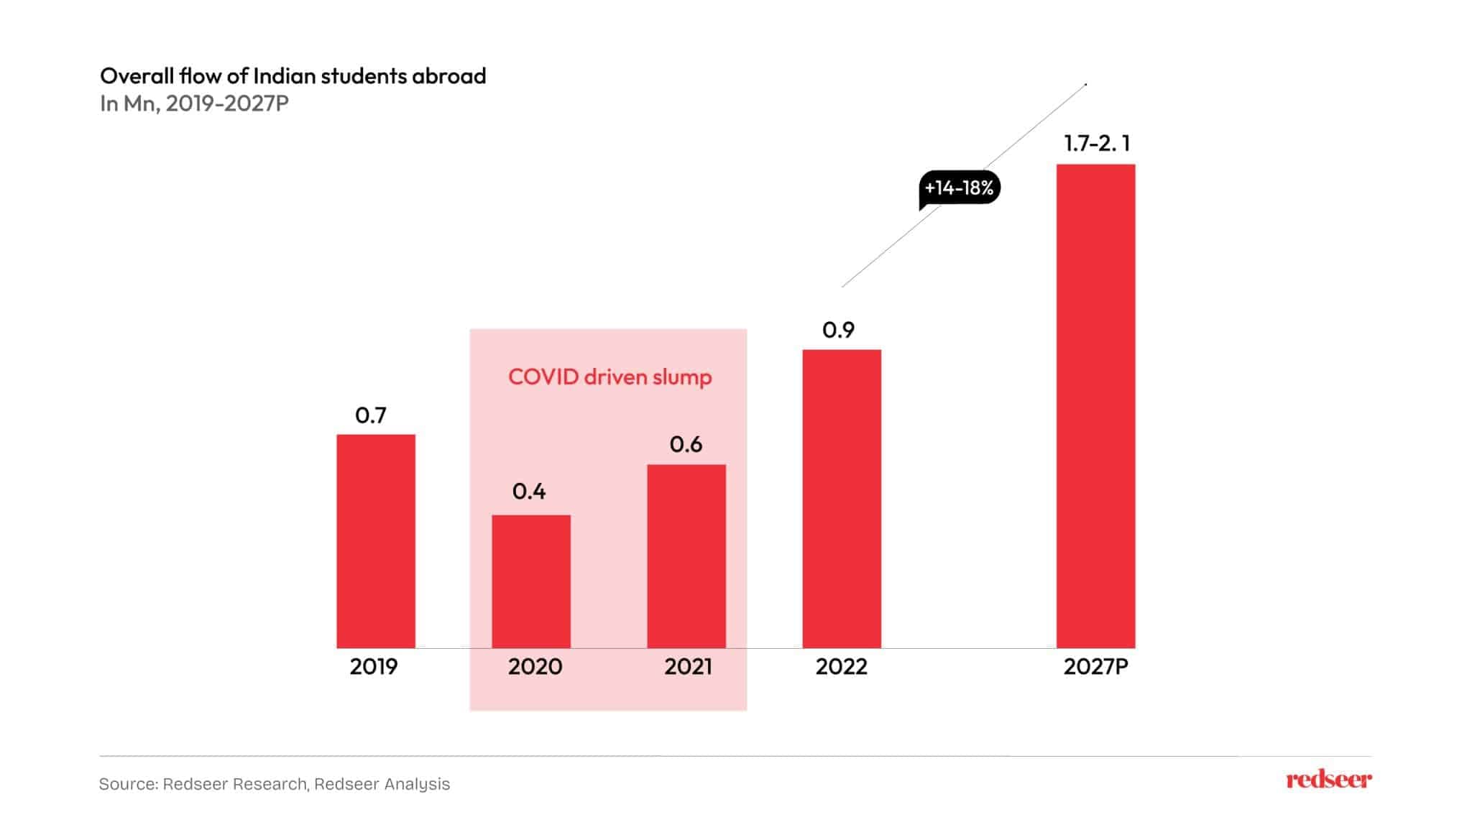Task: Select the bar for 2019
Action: pyautogui.click(x=376, y=541)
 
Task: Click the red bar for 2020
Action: pyautogui.click(x=531, y=581)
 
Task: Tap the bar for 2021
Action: pyautogui.click(x=686, y=556)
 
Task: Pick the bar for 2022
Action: pyautogui.click(x=842, y=499)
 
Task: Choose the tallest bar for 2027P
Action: pyautogui.click(x=1095, y=406)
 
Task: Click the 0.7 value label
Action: pyautogui.click(x=371, y=415)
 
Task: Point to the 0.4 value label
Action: pyautogui.click(x=529, y=491)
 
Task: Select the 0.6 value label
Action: pyautogui.click(x=686, y=445)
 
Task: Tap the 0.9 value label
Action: pyautogui.click(x=838, y=331)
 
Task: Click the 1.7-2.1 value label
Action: pyautogui.click(x=1097, y=144)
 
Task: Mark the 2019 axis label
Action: pyautogui.click(x=373, y=667)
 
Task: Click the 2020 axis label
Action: pyautogui.click(x=535, y=667)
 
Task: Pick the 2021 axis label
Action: pyautogui.click(x=688, y=667)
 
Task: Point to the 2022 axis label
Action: pyautogui.click(x=841, y=667)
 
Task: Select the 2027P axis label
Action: pyautogui.click(x=1095, y=667)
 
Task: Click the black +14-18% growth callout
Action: pyautogui.click(x=959, y=188)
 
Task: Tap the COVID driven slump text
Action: pyautogui.click(x=609, y=377)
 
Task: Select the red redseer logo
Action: pyautogui.click(x=1328, y=780)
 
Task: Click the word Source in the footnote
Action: pyautogui.click(x=127, y=784)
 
